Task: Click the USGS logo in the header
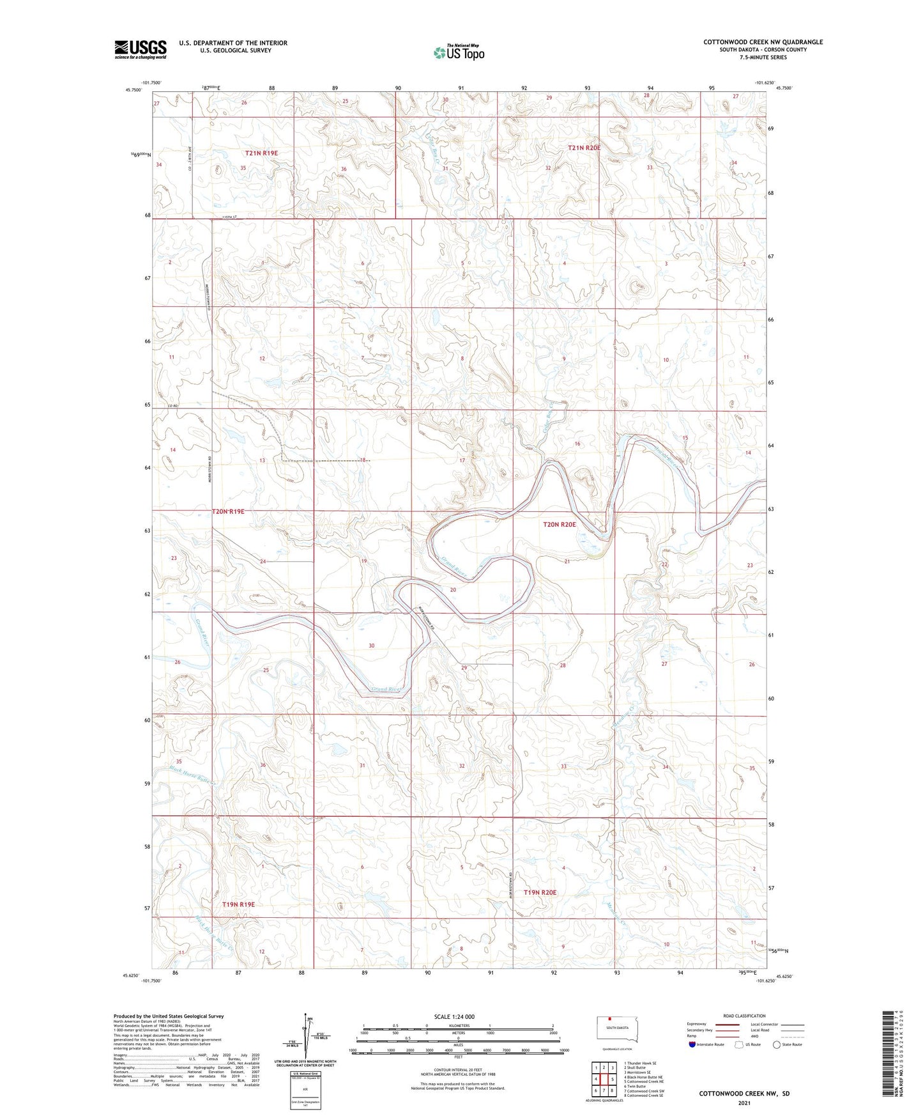coord(141,49)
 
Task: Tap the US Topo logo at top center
coord(458,52)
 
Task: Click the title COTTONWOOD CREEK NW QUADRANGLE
coord(763,42)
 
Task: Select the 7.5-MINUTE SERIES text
coord(763,58)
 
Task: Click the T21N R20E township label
coord(584,148)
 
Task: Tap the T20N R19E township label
coord(228,511)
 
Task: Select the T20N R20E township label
coord(559,525)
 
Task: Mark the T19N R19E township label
coord(238,904)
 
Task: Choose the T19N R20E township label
coord(540,892)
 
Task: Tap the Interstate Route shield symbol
coord(692,1044)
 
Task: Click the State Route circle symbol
coord(777,1044)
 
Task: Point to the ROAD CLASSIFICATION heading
coord(744,1016)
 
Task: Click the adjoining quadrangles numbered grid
coord(604,1073)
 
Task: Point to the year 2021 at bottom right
coord(744,1103)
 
